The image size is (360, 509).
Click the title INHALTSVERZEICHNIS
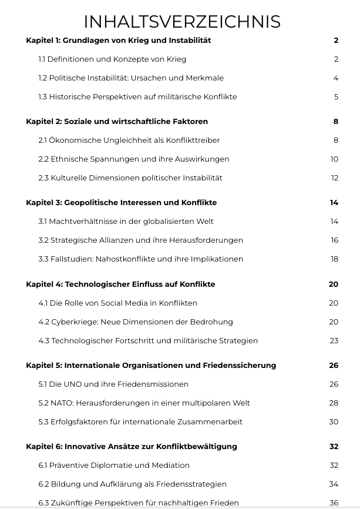[181, 21]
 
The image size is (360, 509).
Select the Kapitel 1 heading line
[118, 41]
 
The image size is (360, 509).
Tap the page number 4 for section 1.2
[336, 78]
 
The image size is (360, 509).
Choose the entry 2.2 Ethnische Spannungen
[134, 159]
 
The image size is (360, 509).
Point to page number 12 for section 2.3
[334, 178]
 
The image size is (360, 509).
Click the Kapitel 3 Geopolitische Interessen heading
[121, 202]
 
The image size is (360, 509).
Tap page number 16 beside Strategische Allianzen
[334, 240]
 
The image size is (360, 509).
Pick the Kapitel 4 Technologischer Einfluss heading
[120, 284]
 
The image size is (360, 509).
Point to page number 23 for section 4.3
[334, 340]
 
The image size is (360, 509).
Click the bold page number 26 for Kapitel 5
[334, 365]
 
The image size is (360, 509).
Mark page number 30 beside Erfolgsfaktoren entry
[334, 421]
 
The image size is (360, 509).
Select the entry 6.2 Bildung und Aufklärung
[132, 484]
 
